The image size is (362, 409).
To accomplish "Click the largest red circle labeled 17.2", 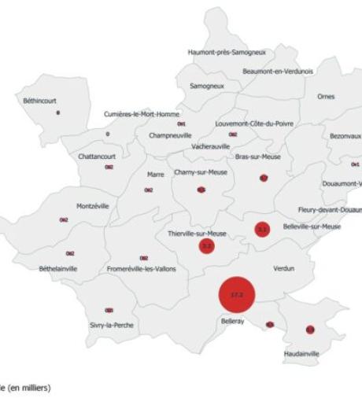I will coord(237,295).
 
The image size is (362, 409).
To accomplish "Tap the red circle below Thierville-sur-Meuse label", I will coord(207,246).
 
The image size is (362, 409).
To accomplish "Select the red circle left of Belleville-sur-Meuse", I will coord(262,230).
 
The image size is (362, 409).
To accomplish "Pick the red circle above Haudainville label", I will coord(310,329).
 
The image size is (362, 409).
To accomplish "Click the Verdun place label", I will coord(283,268).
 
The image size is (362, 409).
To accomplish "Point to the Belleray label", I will coord(232,321).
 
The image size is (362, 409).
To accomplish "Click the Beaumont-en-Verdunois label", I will coord(278,72).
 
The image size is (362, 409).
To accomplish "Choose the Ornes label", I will coord(325,97).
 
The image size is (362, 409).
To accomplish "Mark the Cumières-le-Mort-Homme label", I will coord(142,114).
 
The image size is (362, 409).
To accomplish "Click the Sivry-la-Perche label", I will coord(109,324).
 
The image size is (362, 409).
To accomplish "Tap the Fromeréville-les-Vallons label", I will coord(142,269).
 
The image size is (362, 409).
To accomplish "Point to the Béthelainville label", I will coord(58,269).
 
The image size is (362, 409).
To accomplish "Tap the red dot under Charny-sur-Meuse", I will coord(201,190).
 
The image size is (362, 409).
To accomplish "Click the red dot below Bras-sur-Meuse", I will coord(264,179).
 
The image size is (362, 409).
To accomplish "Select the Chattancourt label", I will coord(98,156).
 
